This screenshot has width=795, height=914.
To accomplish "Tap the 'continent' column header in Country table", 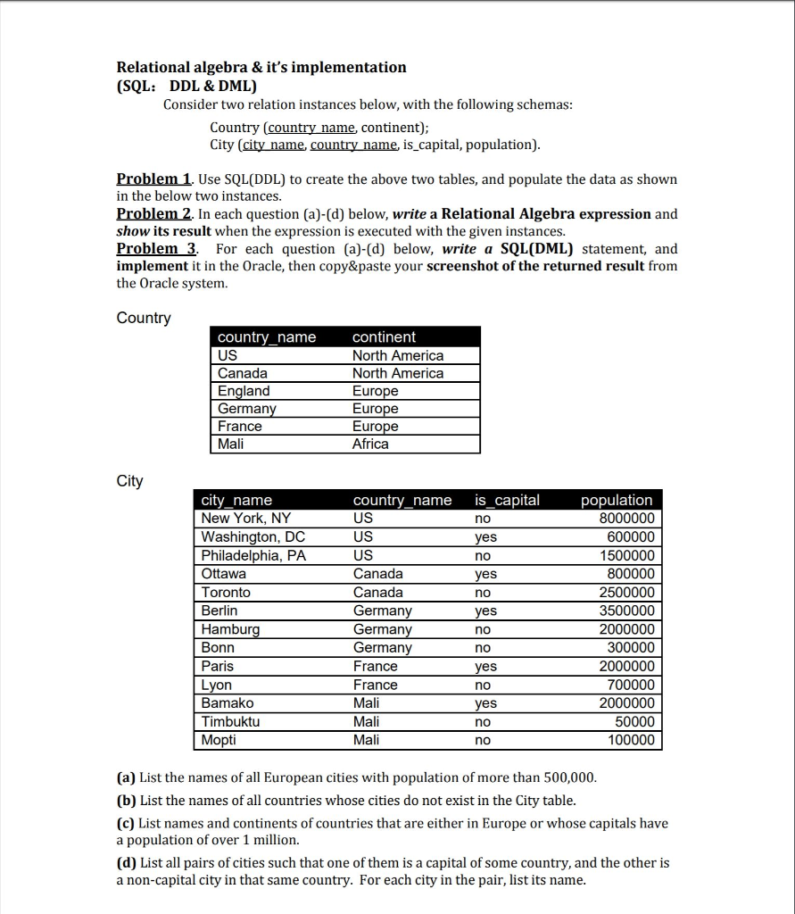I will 384,337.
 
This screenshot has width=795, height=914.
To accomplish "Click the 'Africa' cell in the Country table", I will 370,445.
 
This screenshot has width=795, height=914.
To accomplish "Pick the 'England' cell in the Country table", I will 244,391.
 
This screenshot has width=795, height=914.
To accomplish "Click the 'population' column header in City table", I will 617,501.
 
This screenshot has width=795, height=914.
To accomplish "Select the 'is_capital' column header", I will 507,501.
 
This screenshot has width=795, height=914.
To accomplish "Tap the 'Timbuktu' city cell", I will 230,722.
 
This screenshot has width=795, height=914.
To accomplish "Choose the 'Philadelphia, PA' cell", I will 253,556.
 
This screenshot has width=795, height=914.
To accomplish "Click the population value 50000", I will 634,722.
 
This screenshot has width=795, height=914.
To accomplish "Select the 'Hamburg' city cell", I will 230,629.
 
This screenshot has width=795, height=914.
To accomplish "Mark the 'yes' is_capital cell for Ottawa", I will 485,575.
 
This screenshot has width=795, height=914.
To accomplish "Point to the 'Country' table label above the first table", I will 144,319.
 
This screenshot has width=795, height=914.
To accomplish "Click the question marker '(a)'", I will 127,777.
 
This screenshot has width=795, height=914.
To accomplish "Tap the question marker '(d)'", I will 128,863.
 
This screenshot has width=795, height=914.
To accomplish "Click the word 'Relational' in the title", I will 154,68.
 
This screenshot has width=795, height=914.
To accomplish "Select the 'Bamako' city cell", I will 227,703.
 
